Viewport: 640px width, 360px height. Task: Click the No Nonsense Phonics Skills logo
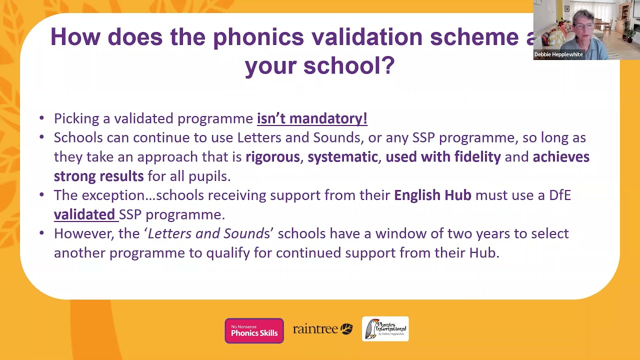[x=254, y=330]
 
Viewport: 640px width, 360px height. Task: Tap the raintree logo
[x=322, y=329]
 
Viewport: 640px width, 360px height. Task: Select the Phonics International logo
[x=385, y=329]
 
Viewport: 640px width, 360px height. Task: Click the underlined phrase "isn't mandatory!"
[x=312, y=118]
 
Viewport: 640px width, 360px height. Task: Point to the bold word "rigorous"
[x=272, y=157]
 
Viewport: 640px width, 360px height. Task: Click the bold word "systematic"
[x=342, y=157]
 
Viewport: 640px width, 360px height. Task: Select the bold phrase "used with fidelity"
[x=443, y=157]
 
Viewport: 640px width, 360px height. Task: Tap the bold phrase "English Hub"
[x=432, y=195]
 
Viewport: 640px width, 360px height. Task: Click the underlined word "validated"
[x=84, y=214]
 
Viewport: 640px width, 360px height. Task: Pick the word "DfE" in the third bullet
[x=559, y=195]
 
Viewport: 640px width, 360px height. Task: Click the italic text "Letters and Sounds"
[x=208, y=233]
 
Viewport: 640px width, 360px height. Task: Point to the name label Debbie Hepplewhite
[x=558, y=54]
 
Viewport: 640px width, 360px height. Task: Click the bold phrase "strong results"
[x=98, y=176]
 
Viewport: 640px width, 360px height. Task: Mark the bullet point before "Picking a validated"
[x=42, y=119]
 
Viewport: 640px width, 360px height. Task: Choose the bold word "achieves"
[x=561, y=157]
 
